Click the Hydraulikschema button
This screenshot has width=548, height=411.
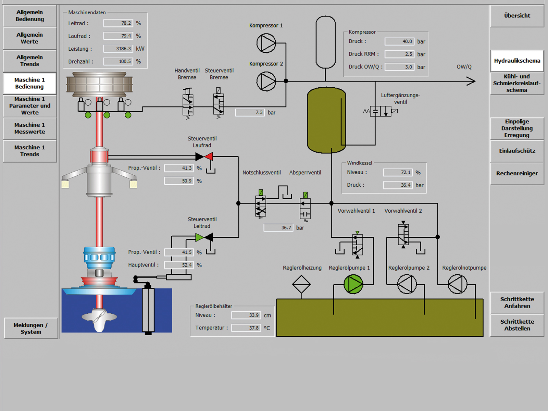tap(517, 61)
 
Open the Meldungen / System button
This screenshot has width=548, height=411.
tap(31, 328)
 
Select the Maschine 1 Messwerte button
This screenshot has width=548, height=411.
tap(30, 128)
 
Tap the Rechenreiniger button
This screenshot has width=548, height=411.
tap(517, 173)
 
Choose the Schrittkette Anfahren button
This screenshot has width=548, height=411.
tap(517, 302)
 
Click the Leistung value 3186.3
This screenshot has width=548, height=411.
tap(119, 49)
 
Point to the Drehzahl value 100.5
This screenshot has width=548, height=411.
tap(119, 61)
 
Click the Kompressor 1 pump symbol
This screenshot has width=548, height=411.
tap(266, 43)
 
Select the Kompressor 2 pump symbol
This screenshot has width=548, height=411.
tap(266, 82)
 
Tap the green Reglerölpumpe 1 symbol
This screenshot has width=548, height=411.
tap(353, 284)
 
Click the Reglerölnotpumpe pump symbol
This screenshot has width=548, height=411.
tap(457, 284)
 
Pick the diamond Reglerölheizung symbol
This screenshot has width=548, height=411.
tap(301, 284)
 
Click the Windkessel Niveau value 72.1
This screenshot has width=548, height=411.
tap(398, 172)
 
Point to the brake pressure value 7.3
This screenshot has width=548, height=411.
tap(250, 113)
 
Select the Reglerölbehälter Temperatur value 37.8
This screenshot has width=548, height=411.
tap(246, 328)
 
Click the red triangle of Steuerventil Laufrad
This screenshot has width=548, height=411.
tap(209, 157)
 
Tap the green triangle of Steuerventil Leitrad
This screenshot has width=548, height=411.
tap(199, 237)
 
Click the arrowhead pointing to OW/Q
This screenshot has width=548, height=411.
tap(471, 81)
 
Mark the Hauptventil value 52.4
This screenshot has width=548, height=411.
tap(179, 265)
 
